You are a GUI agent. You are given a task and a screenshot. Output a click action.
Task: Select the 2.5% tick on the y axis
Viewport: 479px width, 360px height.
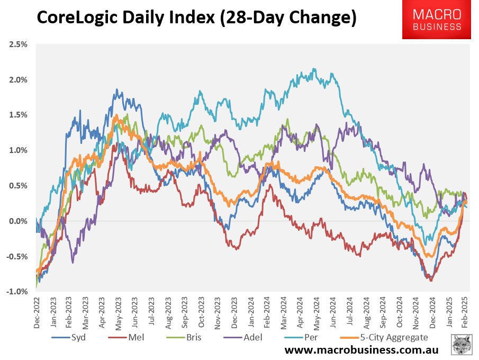(x=18, y=44)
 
